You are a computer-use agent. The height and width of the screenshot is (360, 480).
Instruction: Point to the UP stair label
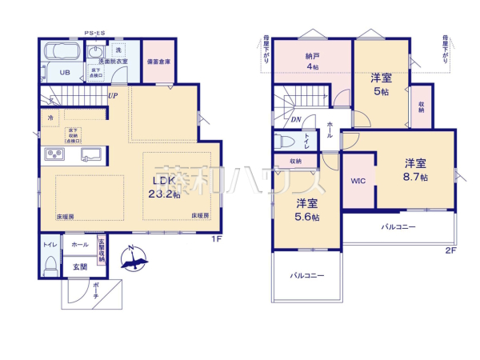(x=114, y=96)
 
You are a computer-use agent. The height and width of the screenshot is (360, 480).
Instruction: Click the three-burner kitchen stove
(x=55, y=154)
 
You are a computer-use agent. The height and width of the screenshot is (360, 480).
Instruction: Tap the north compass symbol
(x=134, y=258)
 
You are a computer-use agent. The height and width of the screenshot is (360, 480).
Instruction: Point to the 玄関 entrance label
(x=80, y=266)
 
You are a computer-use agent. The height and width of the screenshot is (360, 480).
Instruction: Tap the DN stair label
(x=296, y=121)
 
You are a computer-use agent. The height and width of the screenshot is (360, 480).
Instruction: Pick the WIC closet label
(x=358, y=181)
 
